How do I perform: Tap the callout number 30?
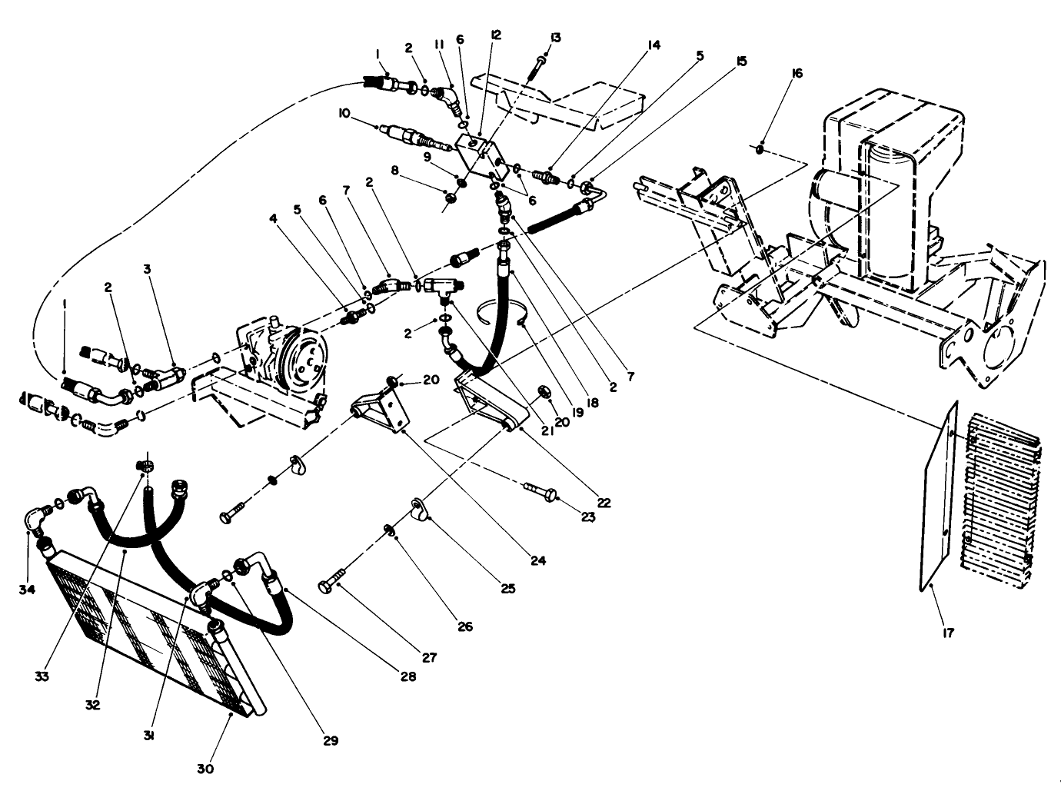click(x=205, y=769)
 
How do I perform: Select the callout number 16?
click(x=796, y=73)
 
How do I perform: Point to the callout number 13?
click(x=556, y=38)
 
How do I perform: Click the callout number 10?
click(x=344, y=113)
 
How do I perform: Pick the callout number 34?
click(x=28, y=590)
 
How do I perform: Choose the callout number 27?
click(x=428, y=657)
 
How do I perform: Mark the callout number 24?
click(x=537, y=561)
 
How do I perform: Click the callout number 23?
click(x=588, y=517)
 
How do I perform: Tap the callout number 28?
click(x=407, y=676)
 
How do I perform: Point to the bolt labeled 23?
click(x=538, y=489)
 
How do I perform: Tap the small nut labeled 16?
click(x=760, y=148)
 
